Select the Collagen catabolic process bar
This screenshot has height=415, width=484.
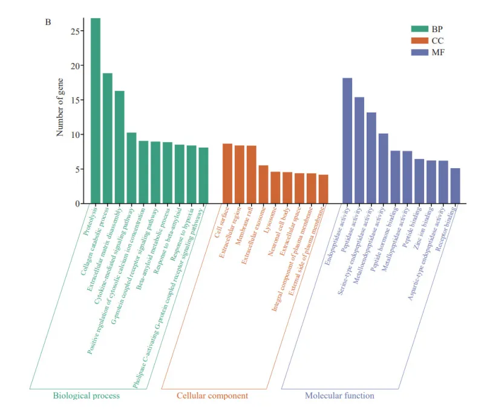[x=108, y=139]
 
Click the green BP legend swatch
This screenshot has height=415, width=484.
[x=420, y=28]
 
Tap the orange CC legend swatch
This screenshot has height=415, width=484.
[x=420, y=41]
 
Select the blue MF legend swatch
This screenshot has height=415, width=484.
[x=420, y=53]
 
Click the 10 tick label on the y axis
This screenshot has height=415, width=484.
[x=75, y=135]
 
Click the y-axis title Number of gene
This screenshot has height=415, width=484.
[x=60, y=109]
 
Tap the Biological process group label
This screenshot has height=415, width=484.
[x=87, y=396]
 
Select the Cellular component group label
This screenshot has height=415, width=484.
[x=212, y=396]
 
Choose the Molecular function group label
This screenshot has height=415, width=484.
[x=339, y=396]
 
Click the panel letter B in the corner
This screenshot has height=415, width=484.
[x=48, y=22]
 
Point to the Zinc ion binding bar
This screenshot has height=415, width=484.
[x=431, y=182]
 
